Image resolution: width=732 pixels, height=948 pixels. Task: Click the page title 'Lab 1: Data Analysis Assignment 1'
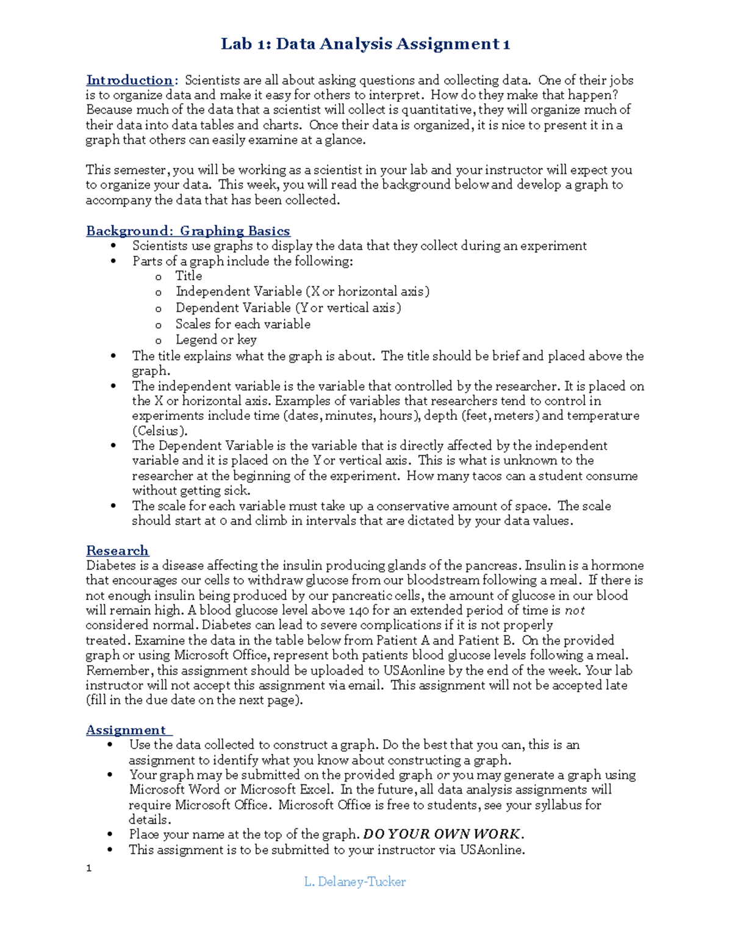[365, 44]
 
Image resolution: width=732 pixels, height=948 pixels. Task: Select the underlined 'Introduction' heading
[130, 81]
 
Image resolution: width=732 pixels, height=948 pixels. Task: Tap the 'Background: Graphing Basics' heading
[188, 231]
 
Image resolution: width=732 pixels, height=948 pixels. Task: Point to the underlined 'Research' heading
[117, 551]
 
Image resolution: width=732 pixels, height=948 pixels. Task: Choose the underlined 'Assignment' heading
[126, 730]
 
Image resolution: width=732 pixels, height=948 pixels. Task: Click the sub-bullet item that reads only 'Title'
[188, 276]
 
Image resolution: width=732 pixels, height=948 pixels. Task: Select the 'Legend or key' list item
[216, 340]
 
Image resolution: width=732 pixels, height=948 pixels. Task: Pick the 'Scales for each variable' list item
[243, 324]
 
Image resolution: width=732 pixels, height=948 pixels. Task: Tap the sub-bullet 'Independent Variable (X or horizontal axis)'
[303, 292]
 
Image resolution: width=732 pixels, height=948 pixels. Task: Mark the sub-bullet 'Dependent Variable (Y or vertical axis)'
[288, 308]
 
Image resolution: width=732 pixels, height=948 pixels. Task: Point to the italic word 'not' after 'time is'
[575, 610]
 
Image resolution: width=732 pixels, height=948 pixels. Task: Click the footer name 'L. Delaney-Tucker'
[354, 881]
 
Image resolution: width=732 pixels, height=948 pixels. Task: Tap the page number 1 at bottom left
[89, 868]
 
